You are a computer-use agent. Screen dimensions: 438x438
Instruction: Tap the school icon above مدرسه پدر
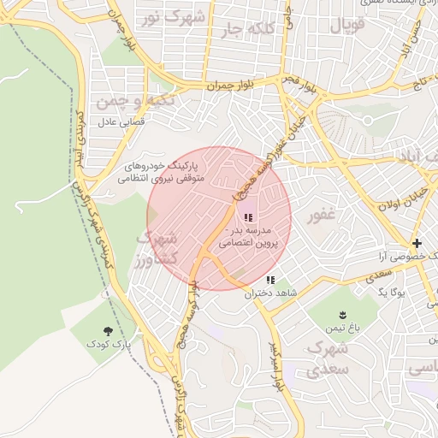[x=248, y=217]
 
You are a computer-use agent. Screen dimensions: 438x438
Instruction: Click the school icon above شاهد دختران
[x=270, y=280]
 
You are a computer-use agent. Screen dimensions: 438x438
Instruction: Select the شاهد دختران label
[x=269, y=293]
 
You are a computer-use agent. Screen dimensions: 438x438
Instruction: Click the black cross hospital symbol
[x=417, y=243]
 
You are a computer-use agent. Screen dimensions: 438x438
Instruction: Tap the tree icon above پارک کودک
[x=108, y=330]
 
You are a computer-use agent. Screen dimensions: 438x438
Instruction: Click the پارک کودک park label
[x=108, y=343]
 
